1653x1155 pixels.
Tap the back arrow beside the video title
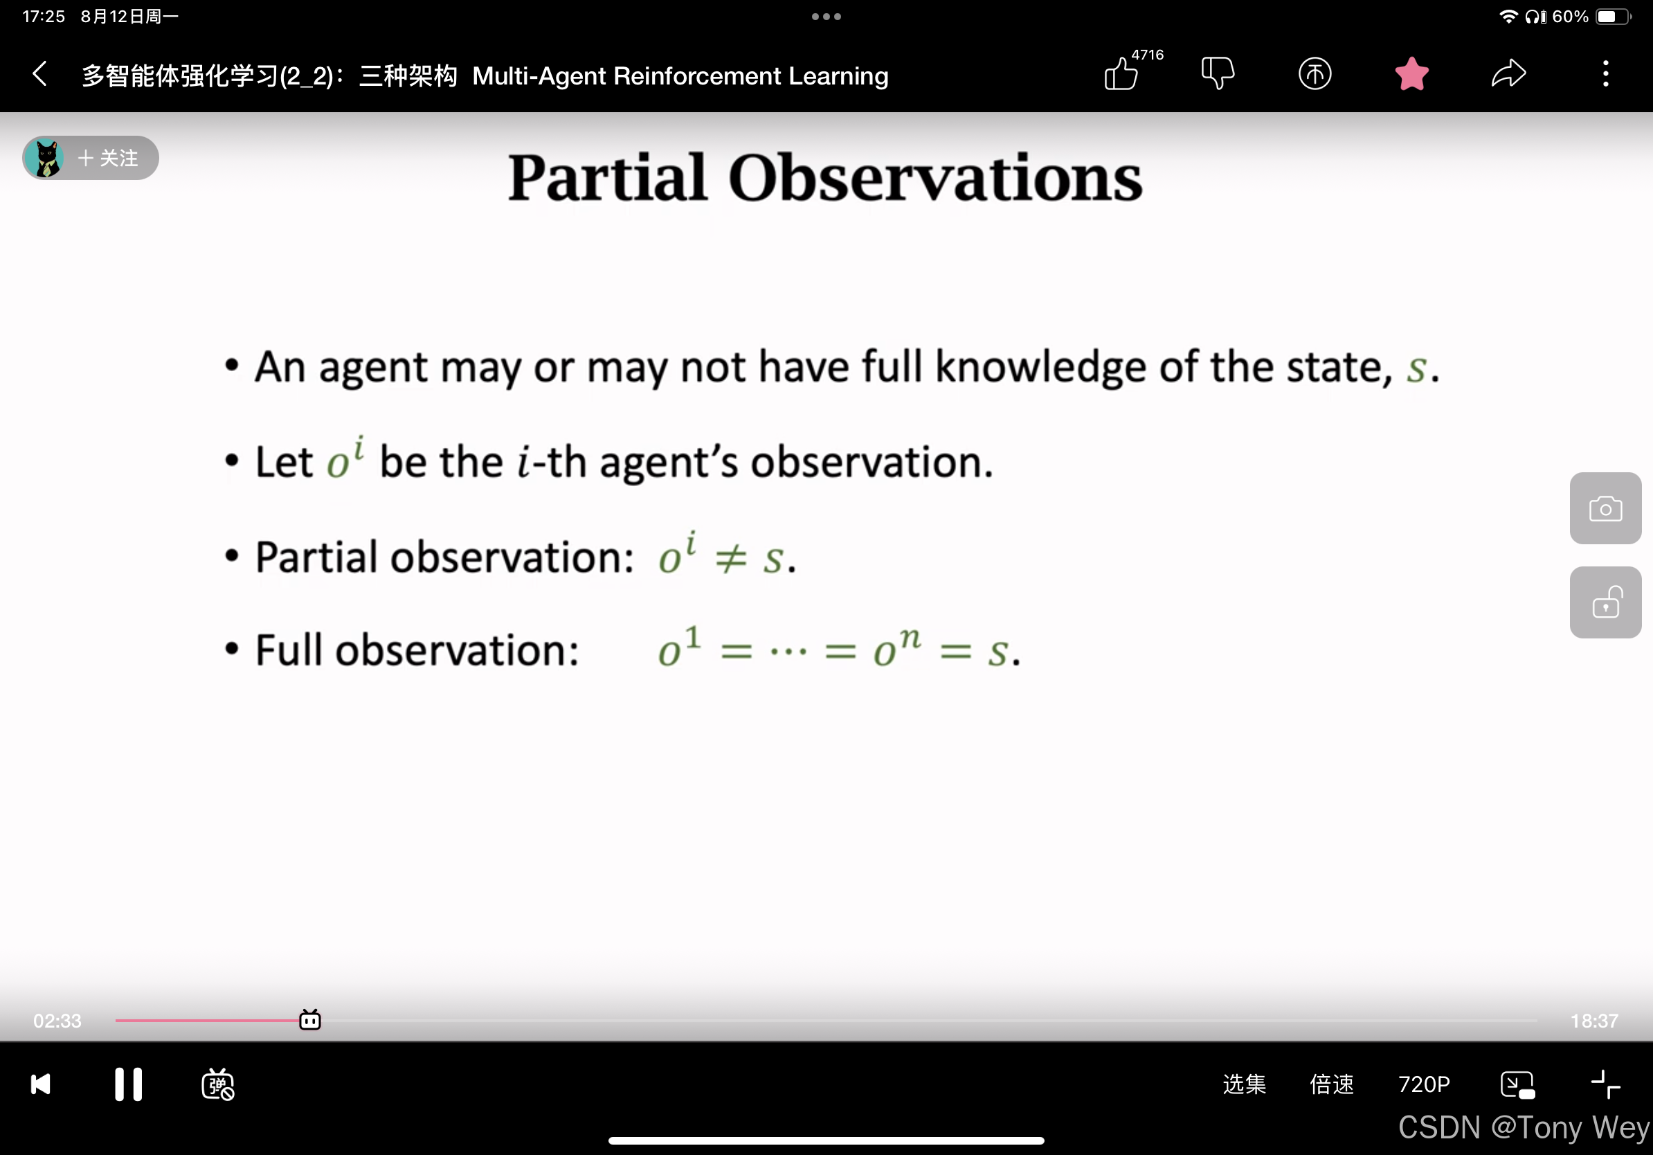[39, 73]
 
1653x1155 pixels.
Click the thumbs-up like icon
[1121, 73]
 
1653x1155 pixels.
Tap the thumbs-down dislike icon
[1218, 73]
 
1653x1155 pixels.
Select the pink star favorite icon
[1412, 73]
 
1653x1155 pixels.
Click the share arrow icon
[1508, 73]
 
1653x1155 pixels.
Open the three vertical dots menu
[1605, 73]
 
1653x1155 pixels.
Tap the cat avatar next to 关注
[46, 158]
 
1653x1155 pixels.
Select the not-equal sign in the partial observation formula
[731, 558]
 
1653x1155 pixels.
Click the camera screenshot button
[1605, 508]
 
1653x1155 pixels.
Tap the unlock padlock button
[1605, 602]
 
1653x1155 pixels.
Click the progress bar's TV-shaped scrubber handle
[309, 1019]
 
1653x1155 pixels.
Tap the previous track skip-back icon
[41, 1084]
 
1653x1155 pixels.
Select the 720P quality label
[1423, 1084]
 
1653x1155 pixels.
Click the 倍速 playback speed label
[1331, 1084]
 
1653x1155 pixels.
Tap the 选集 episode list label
[1244, 1084]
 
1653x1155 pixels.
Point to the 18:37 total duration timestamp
[1594, 1021]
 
